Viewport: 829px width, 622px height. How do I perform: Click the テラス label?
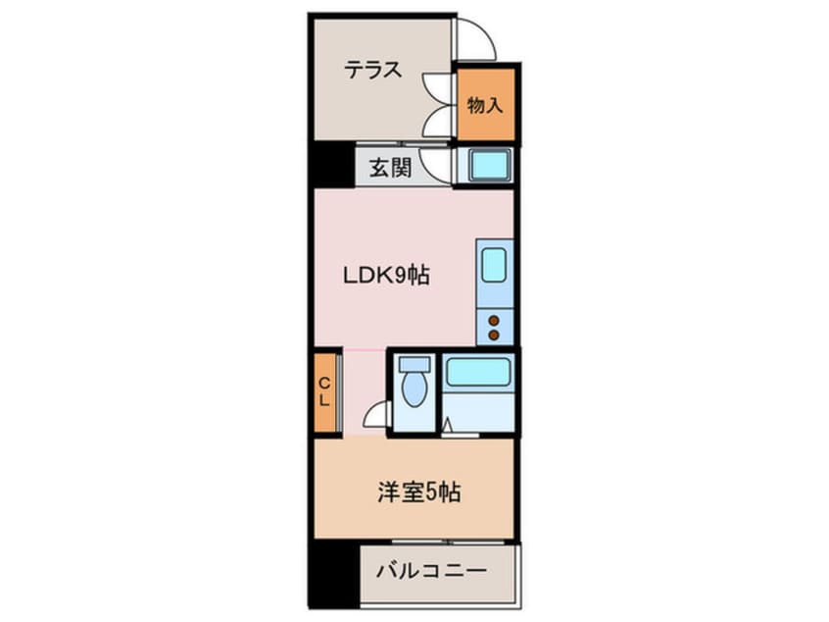[x=372, y=70]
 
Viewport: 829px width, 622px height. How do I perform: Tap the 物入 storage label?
[x=485, y=105]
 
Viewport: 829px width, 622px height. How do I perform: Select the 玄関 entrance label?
[x=390, y=168]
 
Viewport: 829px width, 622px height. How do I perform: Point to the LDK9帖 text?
[x=386, y=276]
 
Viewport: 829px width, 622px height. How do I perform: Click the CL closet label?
[x=324, y=391]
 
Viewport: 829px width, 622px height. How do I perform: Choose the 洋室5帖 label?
[x=419, y=492]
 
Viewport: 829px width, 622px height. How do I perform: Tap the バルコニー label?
[x=431, y=571]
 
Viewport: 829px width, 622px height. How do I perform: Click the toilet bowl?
[x=414, y=389]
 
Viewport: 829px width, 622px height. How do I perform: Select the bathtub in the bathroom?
[x=478, y=372]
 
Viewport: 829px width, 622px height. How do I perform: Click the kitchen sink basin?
[x=494, y=265]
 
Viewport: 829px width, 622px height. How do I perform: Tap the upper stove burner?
[x=494, y=320]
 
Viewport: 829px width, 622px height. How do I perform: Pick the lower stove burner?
[x=494, y=335]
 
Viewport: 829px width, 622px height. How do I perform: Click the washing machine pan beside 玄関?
[x=485, y=165]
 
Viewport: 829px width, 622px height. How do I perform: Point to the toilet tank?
[x=414, y=364]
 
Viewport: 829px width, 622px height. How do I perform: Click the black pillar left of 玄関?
[x=331, y=164]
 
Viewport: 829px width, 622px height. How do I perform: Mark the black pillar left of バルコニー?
[x=334, y=574]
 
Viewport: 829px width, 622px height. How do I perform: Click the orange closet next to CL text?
[x=325, y=392]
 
